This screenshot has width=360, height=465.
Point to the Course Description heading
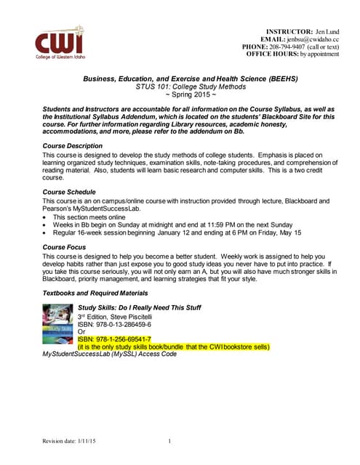coord(73,146)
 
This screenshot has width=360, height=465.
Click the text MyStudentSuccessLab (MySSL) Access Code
coord(109,355)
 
